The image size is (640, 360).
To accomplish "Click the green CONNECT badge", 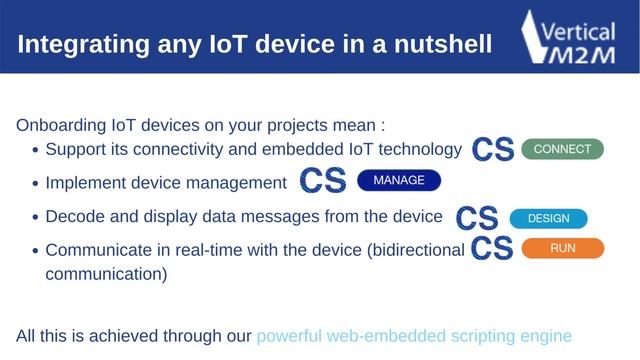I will click(562, 149).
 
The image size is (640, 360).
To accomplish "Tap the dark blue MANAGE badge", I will click(398, 181).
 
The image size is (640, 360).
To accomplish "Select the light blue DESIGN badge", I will click(548, 218).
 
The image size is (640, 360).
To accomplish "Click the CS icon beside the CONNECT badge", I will click(492, 150).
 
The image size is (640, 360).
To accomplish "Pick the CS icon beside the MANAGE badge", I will click(323, 182).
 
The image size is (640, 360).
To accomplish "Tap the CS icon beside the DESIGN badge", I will click(477, 218).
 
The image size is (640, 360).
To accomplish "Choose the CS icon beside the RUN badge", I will click(491, 248).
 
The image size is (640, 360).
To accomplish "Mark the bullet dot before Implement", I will click(35, 184).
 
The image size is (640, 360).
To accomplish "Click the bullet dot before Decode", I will click(35, 217).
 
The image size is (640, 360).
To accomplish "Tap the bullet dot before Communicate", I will click(35, 250).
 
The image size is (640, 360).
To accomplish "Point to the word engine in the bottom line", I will click(545, 336).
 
